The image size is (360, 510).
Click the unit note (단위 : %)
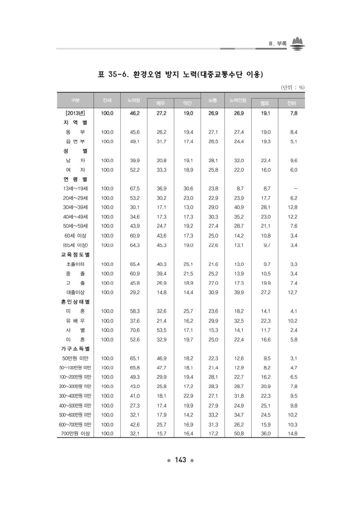292,88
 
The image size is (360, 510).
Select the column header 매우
161,103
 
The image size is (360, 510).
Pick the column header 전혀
291,103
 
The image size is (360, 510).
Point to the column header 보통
213,100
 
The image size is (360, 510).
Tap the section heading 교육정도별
74,254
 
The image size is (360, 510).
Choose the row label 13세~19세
75,188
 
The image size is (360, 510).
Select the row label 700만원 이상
75,433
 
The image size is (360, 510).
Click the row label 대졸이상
75,292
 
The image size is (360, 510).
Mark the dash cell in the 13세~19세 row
295,188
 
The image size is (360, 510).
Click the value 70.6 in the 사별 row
134,330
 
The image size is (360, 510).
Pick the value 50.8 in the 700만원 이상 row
239,433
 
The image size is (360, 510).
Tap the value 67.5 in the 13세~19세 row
134,188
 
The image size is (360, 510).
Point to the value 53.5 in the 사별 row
161,330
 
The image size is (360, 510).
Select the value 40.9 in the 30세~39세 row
239,207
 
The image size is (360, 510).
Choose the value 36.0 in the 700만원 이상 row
265,433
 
